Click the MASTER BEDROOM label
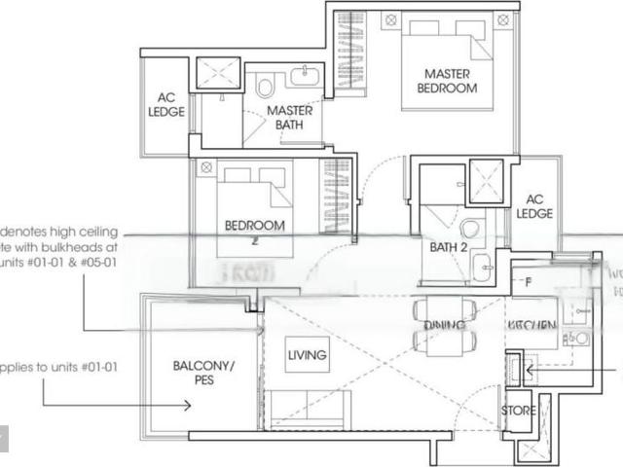coord(448,81)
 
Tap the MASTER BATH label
coord(289,117)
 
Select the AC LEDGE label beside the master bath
coord(166,104)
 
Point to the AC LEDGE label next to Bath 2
coord(534,205)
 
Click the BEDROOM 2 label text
coord(254,228)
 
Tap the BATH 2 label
coord(450,246)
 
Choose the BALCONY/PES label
coord(205,373)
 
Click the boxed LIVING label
coord(307,355)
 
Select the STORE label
coord(518,411)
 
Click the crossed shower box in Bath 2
coord(484,180)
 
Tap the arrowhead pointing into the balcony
coord(187,405)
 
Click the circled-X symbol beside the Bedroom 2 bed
coord(206,168)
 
